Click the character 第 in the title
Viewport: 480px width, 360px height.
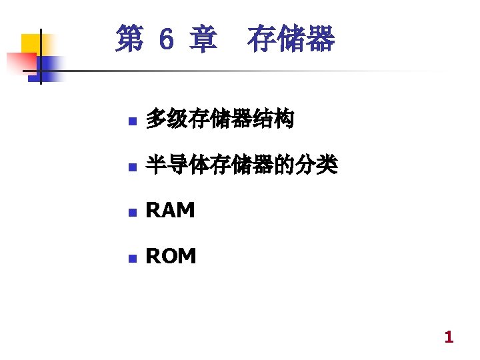(x=129, y=39)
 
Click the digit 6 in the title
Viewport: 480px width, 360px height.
(x=167, y=40)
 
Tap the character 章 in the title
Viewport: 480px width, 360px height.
(x=203, y=39)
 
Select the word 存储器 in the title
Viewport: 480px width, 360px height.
(x=291, y=39)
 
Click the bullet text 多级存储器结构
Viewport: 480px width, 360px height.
(x=219, y=120)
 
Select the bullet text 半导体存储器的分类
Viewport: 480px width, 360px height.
(x=241, y=165)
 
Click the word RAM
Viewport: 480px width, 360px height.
(x=170, y=211)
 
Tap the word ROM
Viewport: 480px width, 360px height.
(x=171, y=256)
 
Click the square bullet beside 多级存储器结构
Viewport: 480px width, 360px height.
(x=132, y=122)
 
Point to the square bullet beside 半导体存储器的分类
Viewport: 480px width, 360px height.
(x=132, y=167)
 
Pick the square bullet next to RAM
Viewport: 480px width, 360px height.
(x=132, y=212)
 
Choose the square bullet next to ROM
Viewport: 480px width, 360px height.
(x=132, y=257)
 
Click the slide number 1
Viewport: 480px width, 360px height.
(x=449, y=337)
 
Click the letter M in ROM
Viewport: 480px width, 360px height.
(x=187, y=256)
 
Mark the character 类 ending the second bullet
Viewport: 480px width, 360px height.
(x=328, y=165)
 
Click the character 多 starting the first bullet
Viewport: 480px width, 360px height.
(x=156, y=120)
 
